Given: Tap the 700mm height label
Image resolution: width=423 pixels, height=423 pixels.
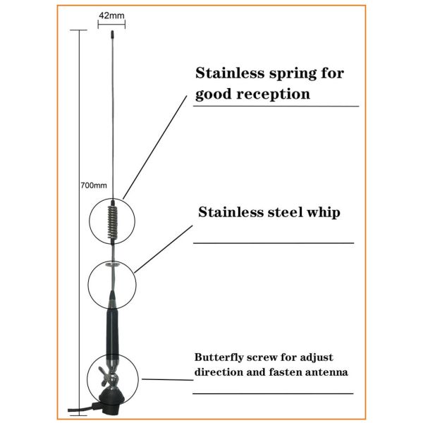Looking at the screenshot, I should click(x=93, y=186).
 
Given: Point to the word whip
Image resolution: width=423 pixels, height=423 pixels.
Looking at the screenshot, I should click(x=323, y=211).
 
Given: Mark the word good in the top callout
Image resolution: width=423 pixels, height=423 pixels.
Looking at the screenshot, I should click(x=212, y=94).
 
